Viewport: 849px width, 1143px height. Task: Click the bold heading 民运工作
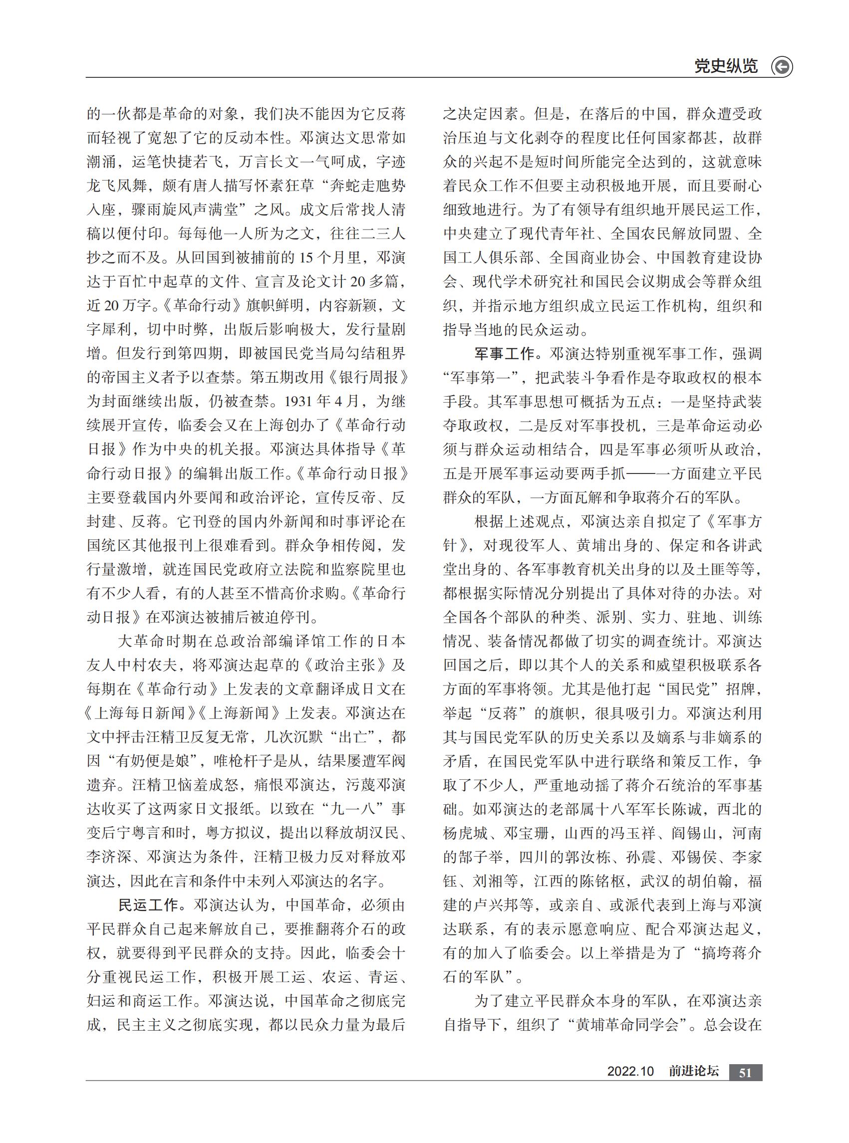[x=148, y=905]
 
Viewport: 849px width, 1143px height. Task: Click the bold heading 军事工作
[x=504, y=354]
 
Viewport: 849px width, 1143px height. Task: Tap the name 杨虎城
[x=466, y=833]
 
